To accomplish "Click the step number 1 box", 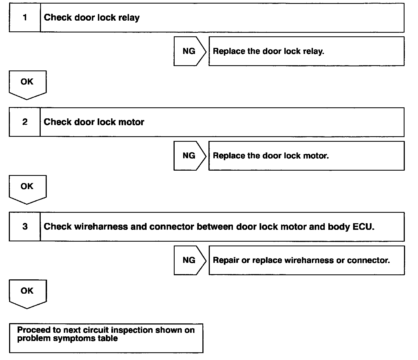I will [x=25, y=18].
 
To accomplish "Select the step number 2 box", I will [x=25, y=122].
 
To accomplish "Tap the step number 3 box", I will [x=25, y=227].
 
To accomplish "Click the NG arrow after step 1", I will [x=189, y=51].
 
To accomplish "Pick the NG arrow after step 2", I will [x=189, y=156].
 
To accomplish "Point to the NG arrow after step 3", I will [x=189, y=260].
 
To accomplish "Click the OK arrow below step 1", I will [x=27, y=84].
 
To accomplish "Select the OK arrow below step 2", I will [x=27, y=189].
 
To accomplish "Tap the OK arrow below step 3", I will [x=27, y=293].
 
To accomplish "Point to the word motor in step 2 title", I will [x=131, y=122].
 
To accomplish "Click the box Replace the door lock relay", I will [x=306, y=51].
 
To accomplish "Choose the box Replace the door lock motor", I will [x=306, y=156].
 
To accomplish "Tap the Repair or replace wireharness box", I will [x=306, y=260].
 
